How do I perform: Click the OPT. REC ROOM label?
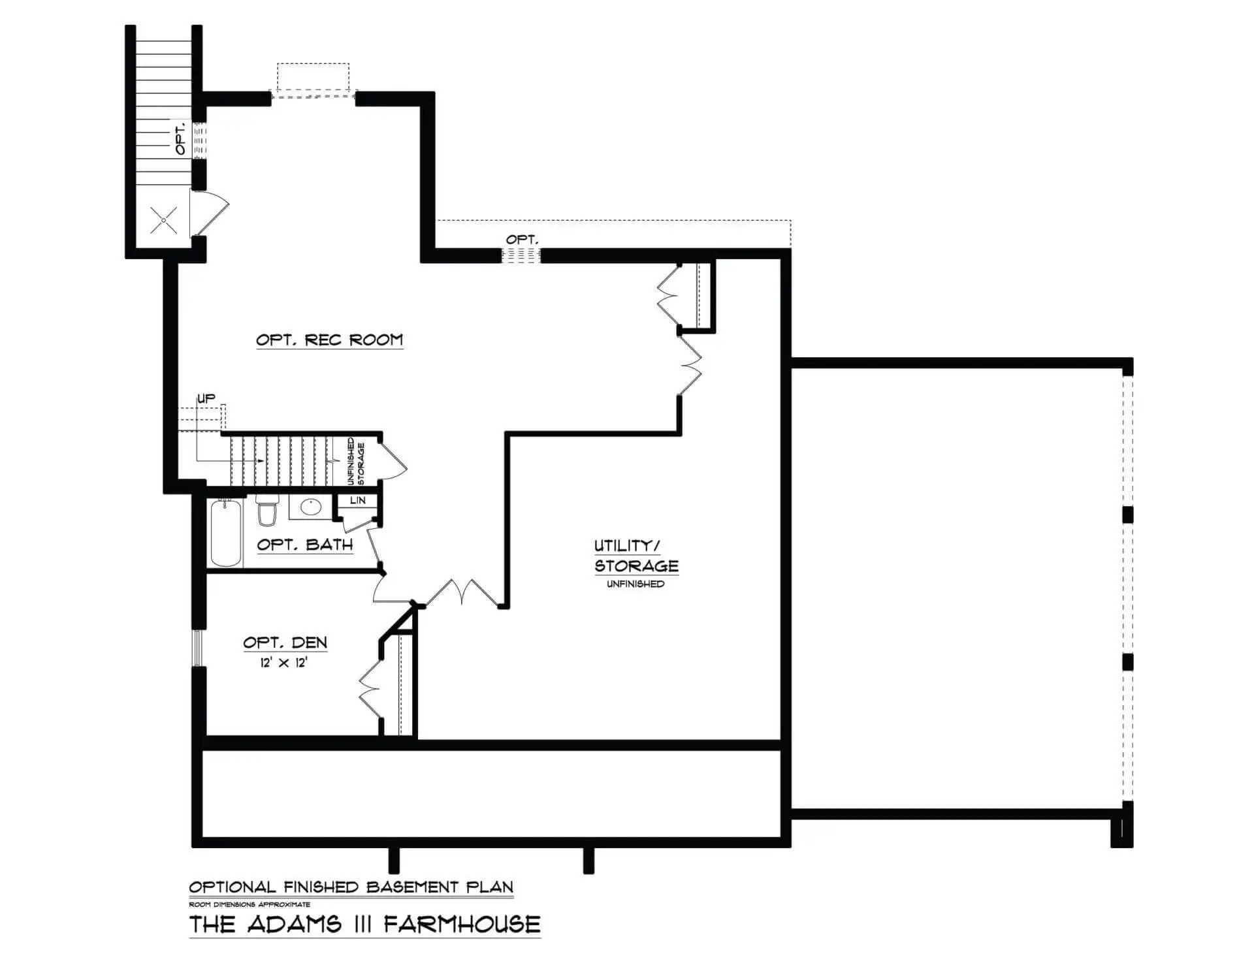329,340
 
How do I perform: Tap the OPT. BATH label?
305,545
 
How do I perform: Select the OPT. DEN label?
285,643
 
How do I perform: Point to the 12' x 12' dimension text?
284,663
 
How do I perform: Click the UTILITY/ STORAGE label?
636,556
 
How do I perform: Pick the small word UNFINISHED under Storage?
635,584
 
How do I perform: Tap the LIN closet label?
358,501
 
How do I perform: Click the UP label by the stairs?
206,398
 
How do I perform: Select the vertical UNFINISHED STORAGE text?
356,461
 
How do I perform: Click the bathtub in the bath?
226,533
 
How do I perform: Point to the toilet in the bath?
266,510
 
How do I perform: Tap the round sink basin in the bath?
312,507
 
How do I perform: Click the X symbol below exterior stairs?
163,220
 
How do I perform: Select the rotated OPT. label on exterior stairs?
181,138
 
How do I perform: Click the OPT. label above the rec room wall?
522,240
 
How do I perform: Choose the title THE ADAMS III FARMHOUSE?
364,924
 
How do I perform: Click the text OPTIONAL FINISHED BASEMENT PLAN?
351,887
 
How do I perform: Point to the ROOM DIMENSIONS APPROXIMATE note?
249,904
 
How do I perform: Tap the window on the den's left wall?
197,648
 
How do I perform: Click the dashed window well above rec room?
313,80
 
